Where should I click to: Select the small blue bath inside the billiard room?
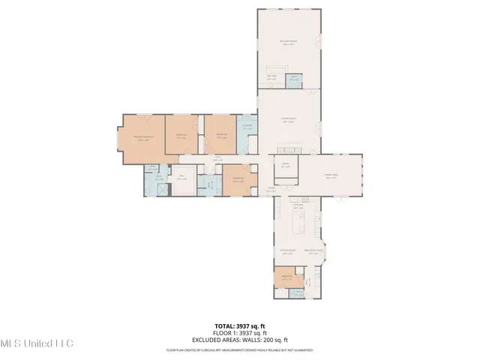(x=295, y=78)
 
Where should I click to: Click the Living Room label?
(x=287, y=120)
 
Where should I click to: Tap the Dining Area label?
(x=331, y=177)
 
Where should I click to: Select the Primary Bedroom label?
(x=143, y=137)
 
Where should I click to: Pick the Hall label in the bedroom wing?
(x=217, y=159)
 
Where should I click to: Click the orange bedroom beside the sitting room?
(x=286, y=277)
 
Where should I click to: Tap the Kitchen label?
(x=298, y=205)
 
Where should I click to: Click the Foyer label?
(x=271, y=189)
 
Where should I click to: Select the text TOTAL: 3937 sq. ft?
(x=239, y=325)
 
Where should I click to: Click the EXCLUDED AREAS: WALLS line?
(x=239, y=339)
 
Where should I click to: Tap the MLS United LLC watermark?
(x=37, y=343)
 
